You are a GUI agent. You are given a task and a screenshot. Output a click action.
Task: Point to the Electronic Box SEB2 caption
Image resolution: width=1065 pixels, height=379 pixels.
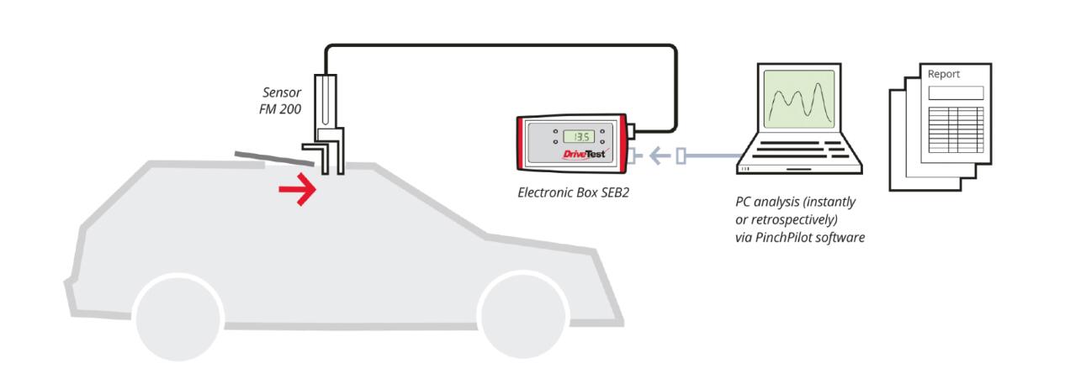[573, 192]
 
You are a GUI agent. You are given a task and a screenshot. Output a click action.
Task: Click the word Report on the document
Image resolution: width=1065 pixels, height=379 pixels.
[943, 74]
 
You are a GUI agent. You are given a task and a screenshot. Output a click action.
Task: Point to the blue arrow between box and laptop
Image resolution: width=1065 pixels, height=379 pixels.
[663, 155]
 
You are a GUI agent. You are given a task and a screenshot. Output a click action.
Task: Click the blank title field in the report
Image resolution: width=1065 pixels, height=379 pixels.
[955, 92]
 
